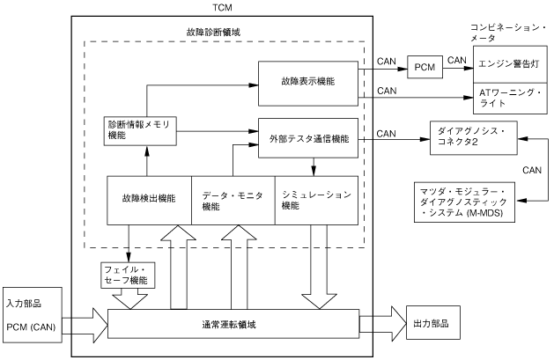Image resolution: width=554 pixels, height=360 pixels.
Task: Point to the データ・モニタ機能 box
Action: coord(233,200)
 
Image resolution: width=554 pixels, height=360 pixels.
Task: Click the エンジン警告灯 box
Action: coord(512,63)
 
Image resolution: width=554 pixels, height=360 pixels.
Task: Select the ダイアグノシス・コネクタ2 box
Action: coord(473,136)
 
